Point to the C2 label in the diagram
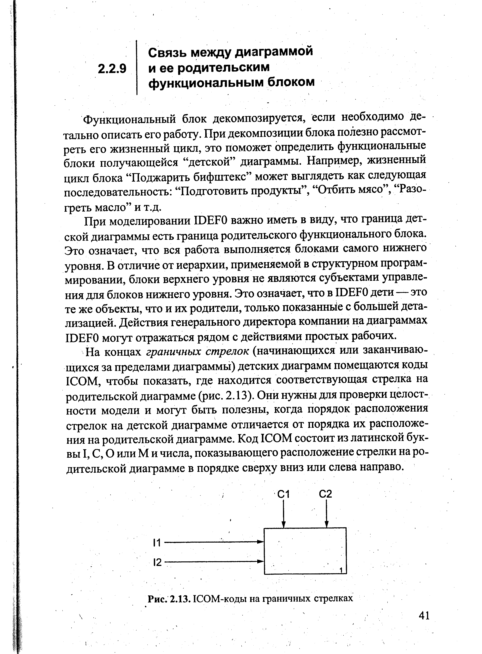click(326, 494)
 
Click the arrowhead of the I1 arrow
click(261, 542)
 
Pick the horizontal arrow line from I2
click(213, 561)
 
